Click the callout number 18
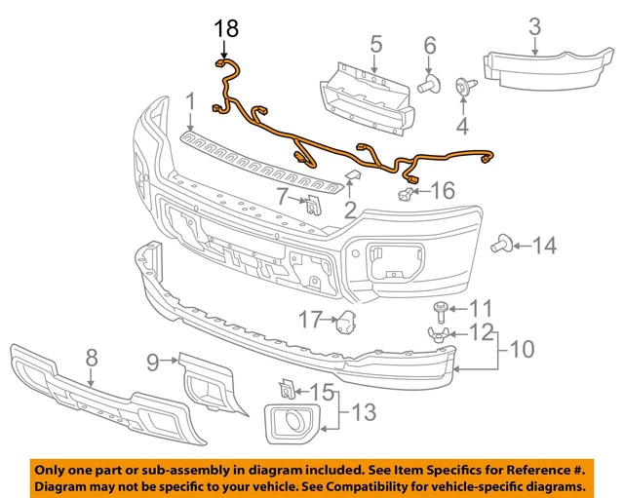tap(224, 30)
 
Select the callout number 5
tap(375, 43)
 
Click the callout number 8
tap(92, 358)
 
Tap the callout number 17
tap(310, 318)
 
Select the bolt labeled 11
tap(441, 311)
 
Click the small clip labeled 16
tap(403, 198)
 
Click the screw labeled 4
tap(461, 88)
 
